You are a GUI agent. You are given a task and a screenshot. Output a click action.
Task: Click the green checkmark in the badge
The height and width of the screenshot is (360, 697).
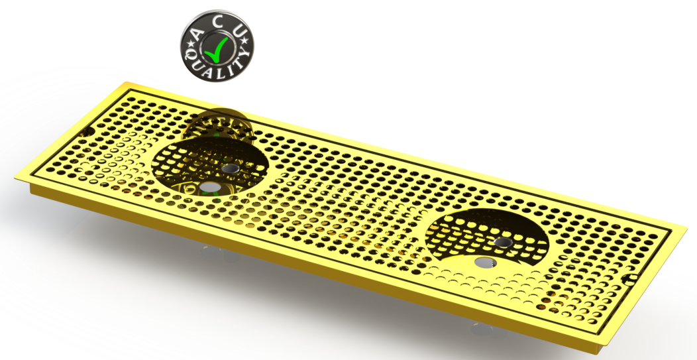tap(217, 47)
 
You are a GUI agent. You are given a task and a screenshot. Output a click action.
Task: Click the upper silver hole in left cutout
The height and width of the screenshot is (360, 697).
tap(231, 170)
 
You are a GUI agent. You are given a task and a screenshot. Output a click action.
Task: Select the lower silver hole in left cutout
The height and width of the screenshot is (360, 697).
tap(210, 188)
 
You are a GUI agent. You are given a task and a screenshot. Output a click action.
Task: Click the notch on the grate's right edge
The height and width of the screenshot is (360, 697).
tap(627, 276)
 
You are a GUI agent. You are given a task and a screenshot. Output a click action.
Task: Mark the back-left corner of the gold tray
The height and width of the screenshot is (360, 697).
tap(126, 84)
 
